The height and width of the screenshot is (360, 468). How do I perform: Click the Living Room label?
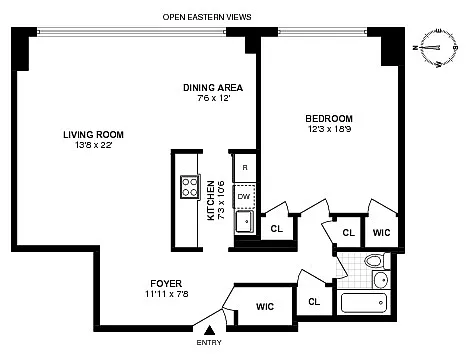(x=93, y=135)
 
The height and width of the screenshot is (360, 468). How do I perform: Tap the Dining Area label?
(x=213, y=88)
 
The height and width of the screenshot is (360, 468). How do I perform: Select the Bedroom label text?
(x=329, y=118)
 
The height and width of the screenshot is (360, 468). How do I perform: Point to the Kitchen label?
(x=211, y=200)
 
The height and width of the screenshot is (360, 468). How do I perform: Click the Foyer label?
(x=166, y=284)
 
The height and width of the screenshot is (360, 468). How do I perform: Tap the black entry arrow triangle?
(x=210, y=330)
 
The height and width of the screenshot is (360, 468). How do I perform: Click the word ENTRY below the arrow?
(x=209, y=343)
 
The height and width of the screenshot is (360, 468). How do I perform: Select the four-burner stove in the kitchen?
(x=190, y=187)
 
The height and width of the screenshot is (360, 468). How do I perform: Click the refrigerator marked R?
(x=245, y=168)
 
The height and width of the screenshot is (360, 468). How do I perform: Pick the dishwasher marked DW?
(x=244, y=196)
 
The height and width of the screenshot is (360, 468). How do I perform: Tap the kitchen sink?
(x=245, y=222)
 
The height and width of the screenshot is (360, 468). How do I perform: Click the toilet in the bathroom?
(x=377, y=261)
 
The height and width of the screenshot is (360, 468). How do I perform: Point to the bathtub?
(x=364, y=303)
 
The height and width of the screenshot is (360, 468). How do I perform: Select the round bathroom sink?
(x=380, y=280)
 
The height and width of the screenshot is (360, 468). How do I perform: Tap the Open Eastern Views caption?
(x=207, y=17)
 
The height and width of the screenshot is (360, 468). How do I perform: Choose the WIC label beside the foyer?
(x=265, y=306)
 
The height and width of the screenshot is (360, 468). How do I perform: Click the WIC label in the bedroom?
(x=381, y=232)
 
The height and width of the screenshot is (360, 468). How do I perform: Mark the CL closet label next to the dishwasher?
(x=277, y=229)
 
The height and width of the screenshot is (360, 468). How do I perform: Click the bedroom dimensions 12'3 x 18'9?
(x=329, y=129)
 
